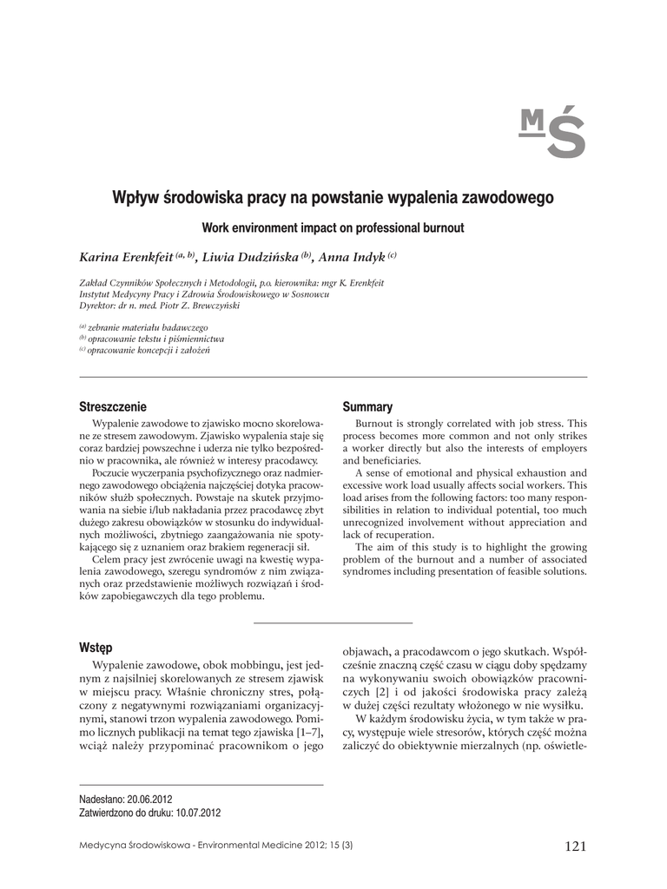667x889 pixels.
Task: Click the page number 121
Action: point(575,846)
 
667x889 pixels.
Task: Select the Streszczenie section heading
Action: point(113,406)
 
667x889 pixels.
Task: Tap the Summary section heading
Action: point(367,406)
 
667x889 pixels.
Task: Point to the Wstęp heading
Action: point(96,648)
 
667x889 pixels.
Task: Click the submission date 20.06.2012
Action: point(150,799)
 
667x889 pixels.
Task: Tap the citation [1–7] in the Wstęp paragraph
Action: point(305,733)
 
